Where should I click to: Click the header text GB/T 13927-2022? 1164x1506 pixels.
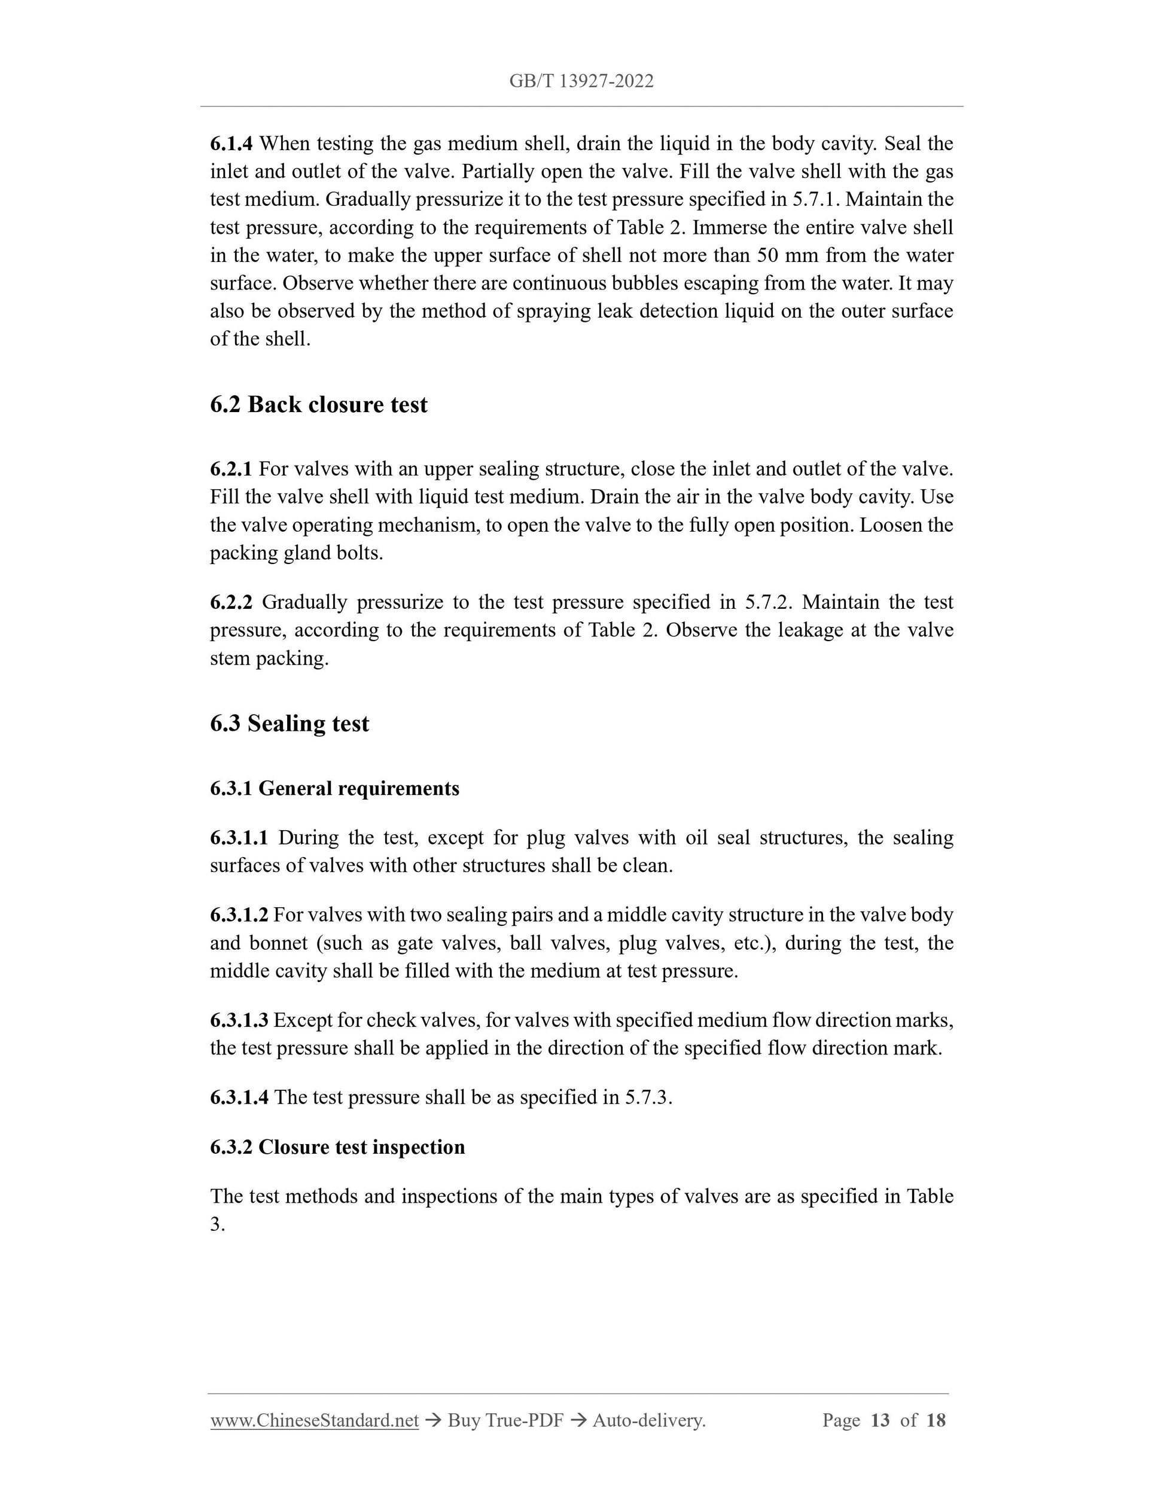point(581,81)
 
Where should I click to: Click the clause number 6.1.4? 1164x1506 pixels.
point(231,144)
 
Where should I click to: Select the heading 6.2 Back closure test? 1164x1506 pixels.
point(319,405)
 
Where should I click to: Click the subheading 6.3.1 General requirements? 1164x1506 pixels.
point(334,788)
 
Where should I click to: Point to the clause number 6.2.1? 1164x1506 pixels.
point(231,470)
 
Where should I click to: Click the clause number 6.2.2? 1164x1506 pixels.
point(231,603)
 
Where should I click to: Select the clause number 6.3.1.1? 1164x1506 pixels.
point(239,838)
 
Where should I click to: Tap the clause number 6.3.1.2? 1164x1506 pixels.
point(239,915)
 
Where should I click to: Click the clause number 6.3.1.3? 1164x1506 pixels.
point(239,1020)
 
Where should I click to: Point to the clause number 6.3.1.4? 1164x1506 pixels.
point(239,1097)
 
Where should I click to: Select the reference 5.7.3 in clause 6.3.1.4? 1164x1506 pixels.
point(648,1097)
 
